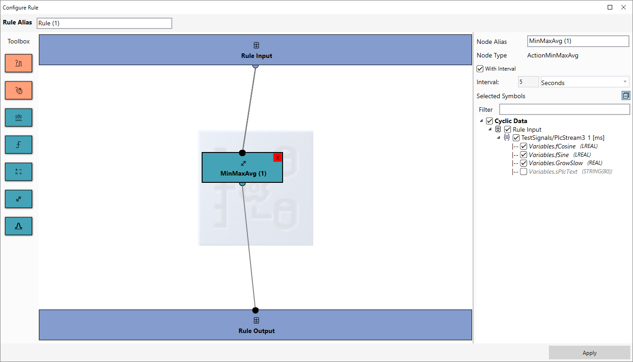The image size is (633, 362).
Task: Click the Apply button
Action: (589, 352)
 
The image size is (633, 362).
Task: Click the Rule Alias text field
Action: (104, 23)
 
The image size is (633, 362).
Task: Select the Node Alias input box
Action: (578, 41)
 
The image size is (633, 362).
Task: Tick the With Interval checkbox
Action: (480, 69)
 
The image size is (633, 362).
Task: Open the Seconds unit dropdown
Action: (585, 82)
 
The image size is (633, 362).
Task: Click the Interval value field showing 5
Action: (528, 82)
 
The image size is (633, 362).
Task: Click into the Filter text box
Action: (564, 110)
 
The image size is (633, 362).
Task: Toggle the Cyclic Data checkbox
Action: (489, 121)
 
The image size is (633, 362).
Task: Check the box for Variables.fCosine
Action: (524, 146)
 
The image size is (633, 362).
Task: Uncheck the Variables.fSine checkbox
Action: (524, 155)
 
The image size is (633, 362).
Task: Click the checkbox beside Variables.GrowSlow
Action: (524, 163)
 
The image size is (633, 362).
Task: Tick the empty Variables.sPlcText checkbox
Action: (524, 171)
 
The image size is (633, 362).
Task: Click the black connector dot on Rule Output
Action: (255, 310)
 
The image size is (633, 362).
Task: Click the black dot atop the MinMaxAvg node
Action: (242, 153)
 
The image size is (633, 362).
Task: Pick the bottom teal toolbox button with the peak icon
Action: (19, 226)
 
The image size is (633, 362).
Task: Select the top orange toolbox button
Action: (19, 63)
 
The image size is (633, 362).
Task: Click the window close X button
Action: (624, 7)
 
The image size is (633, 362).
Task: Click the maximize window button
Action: (610, 7)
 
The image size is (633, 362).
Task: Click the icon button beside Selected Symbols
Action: (626, 95)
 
